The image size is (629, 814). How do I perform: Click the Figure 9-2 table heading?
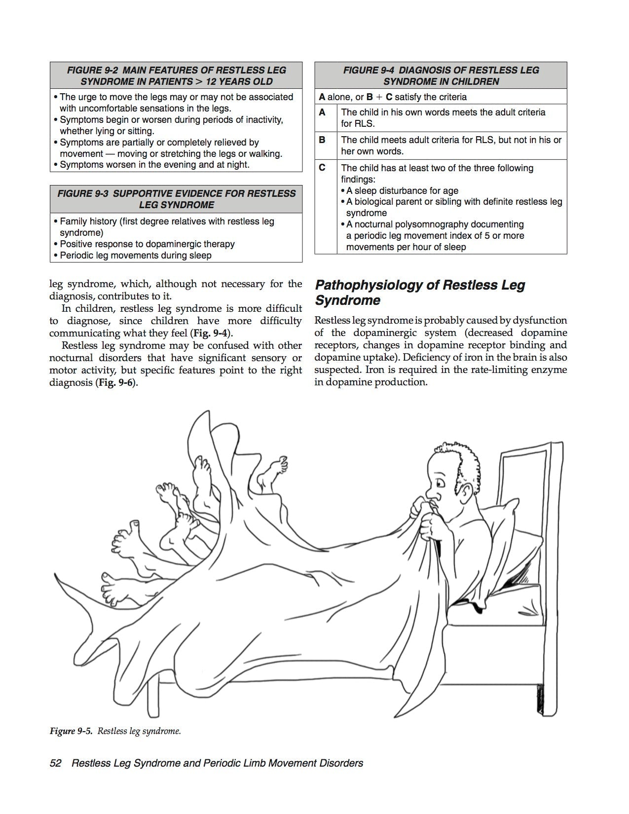click(176, 75)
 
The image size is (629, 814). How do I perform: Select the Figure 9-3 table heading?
click(176, 199)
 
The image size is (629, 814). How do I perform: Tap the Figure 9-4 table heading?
click(441, 75)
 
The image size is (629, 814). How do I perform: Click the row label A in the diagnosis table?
click(322, 112)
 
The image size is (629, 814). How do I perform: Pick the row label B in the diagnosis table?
click(322, 140)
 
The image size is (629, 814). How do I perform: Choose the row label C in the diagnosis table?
click(322, 168)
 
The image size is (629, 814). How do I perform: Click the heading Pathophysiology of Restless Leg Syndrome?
click(419, 293)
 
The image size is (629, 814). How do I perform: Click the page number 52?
click(55, 763)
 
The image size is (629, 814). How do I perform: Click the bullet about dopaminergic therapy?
click(147, 244)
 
